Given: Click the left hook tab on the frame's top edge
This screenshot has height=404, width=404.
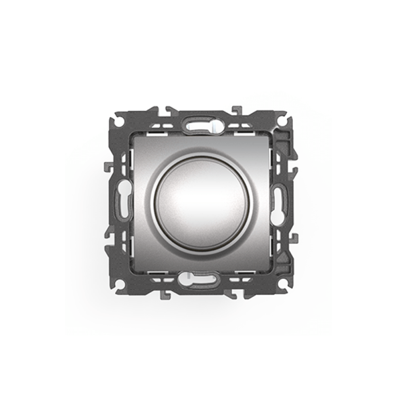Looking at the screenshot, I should click(166, 109).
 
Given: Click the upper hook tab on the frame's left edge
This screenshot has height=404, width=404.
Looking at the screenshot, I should click(108, 166).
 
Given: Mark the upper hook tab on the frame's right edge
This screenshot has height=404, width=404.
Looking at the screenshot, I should click(295, 166).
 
